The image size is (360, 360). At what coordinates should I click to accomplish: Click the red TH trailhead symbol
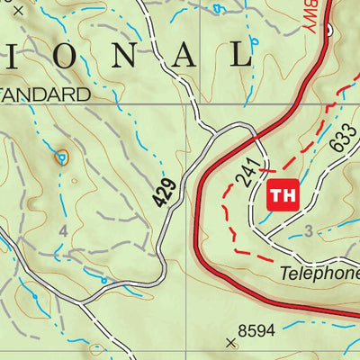pos(282,194)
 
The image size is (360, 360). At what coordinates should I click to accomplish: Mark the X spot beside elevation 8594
pos(232,342)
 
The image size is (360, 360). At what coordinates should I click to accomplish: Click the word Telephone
pos(319,273)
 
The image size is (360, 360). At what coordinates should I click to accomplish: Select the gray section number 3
pos(308,231)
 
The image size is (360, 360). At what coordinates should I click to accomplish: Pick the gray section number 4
pos(63,231)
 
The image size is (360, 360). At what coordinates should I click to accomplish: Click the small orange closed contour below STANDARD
pos(61,157)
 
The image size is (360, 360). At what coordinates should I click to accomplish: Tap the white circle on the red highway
pos(330,31)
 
